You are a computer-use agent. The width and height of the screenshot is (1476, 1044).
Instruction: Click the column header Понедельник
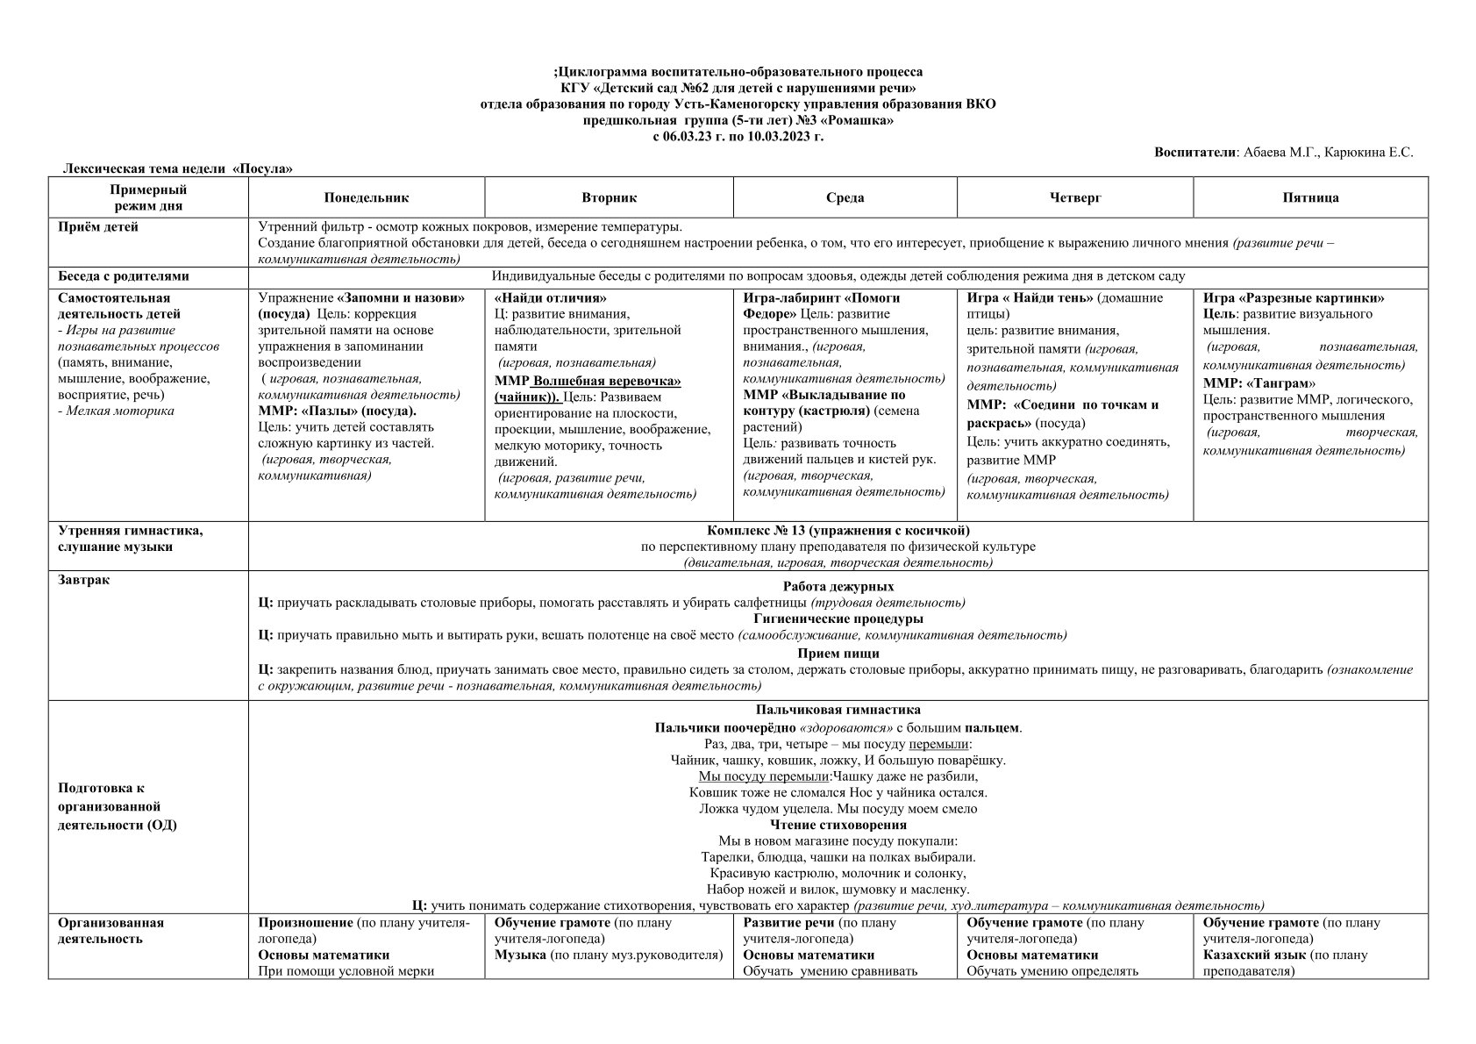click(366, 198)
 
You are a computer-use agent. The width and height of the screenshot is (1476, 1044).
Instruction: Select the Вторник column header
click(609, 198)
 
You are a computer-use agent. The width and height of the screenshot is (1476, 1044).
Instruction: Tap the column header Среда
click(845, 198)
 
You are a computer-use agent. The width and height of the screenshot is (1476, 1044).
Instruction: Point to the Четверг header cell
click(1074, 198)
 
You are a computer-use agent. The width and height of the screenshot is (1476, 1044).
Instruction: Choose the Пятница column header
click(1310, 198)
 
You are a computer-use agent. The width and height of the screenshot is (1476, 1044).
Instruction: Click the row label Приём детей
click(98, 227)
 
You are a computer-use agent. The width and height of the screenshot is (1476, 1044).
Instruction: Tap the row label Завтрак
click(83, 580)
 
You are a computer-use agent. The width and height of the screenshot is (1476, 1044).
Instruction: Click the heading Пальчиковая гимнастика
click(838, 710)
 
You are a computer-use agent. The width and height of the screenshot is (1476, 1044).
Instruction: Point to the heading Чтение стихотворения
click(838, 825)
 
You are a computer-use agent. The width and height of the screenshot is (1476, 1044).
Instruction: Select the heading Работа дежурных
click(838, 586)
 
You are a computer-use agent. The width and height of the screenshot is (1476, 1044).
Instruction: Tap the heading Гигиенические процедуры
click(838, 619)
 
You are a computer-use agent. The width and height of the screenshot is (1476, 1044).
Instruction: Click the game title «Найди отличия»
click(550, 298)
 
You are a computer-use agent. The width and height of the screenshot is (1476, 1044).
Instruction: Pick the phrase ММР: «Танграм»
click(1259, 383)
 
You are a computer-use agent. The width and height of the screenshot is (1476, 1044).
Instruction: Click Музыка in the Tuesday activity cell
click(520, 955)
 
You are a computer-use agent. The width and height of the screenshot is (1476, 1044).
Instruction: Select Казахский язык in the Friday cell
click(1254, 955)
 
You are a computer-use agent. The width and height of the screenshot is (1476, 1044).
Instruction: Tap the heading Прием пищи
click(838, 653)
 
